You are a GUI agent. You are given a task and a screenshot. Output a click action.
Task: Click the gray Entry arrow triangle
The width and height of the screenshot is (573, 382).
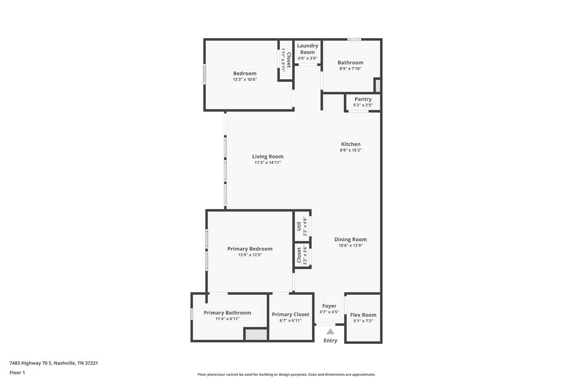click(x=330, y=331)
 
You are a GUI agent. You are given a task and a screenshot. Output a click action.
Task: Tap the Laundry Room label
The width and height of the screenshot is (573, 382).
click(x=308, y=49)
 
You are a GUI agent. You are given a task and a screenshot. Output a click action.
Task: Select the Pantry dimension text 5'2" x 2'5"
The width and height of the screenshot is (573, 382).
click(x=363, y=105)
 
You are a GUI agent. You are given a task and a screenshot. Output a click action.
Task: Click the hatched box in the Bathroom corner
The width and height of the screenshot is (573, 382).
click(x=377, y=86)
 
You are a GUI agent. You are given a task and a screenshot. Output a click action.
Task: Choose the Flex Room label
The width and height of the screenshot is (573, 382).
click(x=363, y=315)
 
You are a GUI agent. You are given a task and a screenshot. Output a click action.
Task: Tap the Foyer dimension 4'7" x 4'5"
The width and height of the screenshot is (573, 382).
click(x=329, y=312)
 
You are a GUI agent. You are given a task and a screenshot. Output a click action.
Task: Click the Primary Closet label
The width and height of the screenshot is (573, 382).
click(x=291, y=314)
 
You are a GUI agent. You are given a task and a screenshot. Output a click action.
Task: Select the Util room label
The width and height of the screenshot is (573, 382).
click(x=299, y=226)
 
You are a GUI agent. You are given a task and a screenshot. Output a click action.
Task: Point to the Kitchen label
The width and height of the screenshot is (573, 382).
click(x=351, y=144)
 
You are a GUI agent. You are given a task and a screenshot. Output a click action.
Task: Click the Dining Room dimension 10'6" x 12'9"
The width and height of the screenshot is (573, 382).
click(x=351, y=245)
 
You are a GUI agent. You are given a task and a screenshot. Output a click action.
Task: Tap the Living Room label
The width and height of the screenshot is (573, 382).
click(x=268, y=156)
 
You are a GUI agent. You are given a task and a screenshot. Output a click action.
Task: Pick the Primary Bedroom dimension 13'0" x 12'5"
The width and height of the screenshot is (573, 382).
click(x=250, y=255)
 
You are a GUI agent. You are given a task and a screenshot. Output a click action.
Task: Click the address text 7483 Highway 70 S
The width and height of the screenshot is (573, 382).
click(x=31, y=363)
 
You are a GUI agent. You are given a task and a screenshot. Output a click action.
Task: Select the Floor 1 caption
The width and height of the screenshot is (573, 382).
click(x=17, y=373)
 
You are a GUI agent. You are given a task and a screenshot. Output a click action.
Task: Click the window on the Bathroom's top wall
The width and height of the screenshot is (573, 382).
click(x=354, y=39)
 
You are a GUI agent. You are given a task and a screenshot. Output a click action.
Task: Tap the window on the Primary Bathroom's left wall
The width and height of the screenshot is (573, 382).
click(x=192, y=314)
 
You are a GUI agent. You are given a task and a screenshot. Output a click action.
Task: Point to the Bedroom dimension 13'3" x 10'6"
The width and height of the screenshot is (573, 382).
click(x=245, y=80)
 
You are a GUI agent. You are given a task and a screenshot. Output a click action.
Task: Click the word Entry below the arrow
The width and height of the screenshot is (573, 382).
click(x=330, y=340)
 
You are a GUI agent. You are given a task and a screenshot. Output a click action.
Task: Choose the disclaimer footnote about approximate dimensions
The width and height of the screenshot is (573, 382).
click(x=286, y=374)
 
